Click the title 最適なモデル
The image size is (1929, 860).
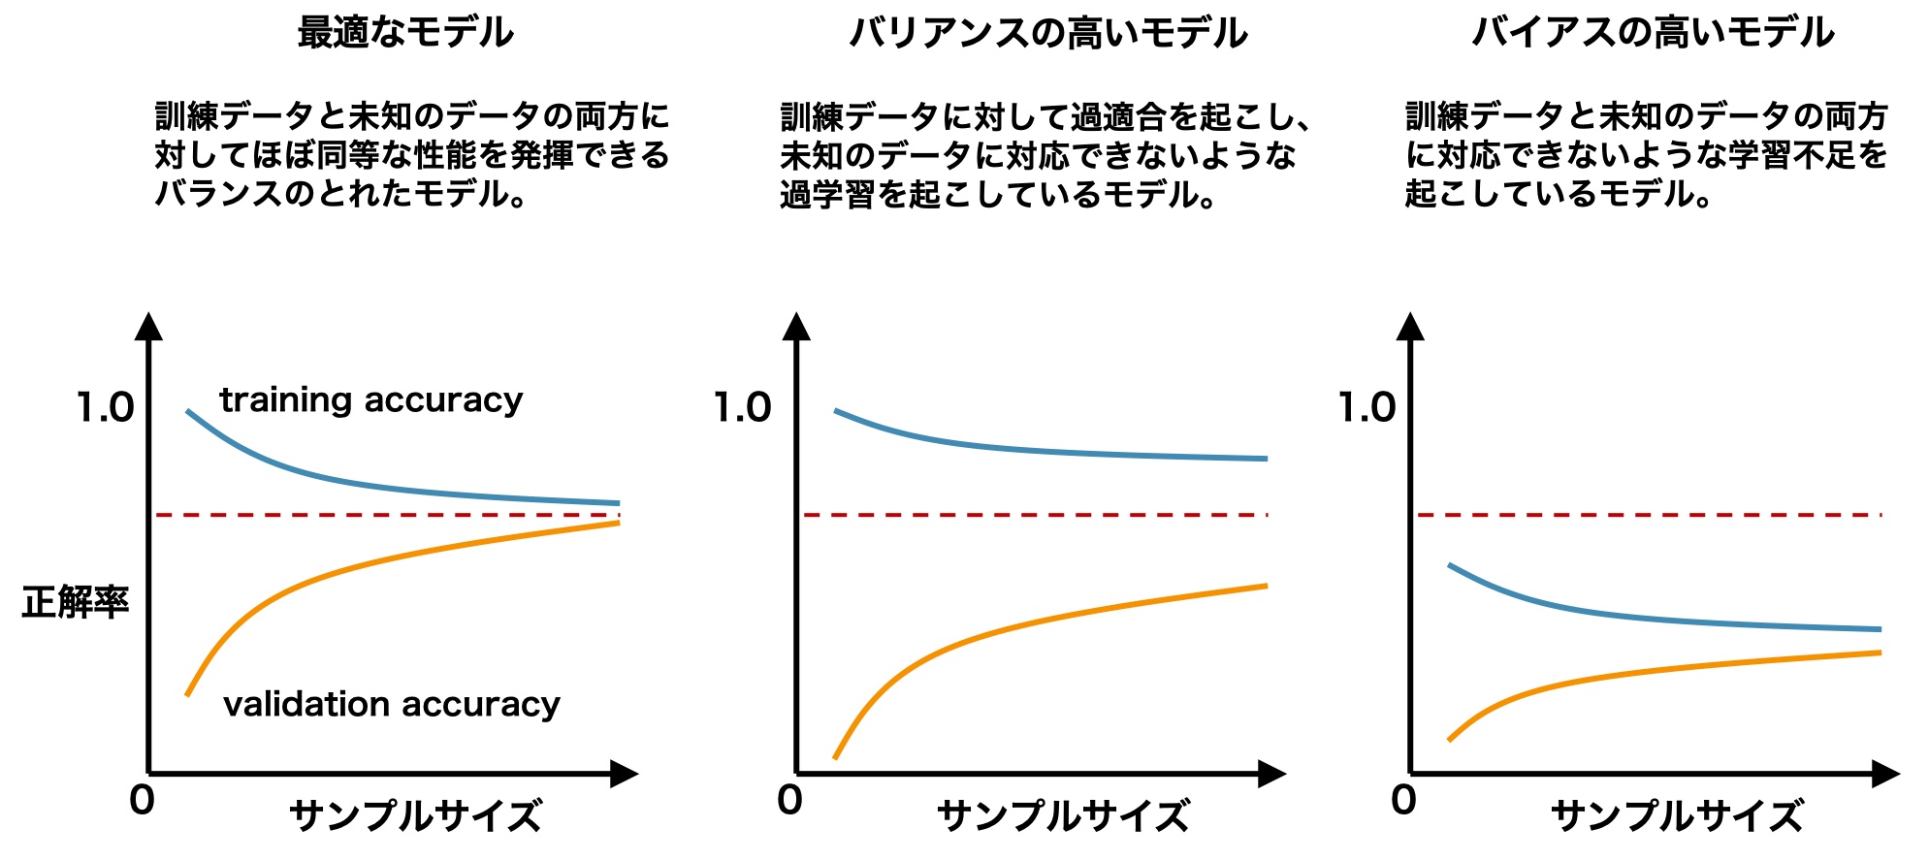[405, 33]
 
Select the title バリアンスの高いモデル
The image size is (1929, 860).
[1048, 33]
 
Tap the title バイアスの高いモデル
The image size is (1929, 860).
[1653, 33]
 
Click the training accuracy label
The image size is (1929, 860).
[370, 399]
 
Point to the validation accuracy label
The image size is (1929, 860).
[391, 704]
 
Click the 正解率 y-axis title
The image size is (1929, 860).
[76, 602]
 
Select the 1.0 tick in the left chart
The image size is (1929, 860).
[106, 408]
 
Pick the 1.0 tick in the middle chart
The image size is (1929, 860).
[743, 408]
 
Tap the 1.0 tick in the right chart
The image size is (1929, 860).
[1367, 408]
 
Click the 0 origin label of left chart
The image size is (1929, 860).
[142, 801]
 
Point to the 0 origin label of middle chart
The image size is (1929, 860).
[789, 801]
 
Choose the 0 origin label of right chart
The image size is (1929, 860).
[1403, 801]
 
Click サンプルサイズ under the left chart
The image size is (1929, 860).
[415, 816]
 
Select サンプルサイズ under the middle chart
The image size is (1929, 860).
[1063, 816]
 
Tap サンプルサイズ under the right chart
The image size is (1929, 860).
[1677, 816]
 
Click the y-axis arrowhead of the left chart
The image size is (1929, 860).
[148, 327]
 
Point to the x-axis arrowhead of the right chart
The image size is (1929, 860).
[1884, 774]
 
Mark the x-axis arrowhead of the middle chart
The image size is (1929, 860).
[1270, 774]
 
